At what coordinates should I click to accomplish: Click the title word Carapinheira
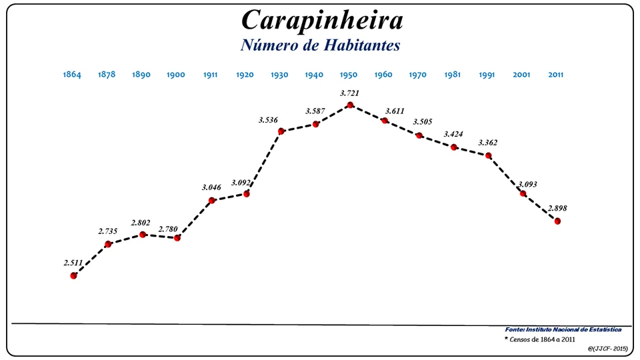(322, 20)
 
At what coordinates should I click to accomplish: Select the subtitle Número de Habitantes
(320, 45)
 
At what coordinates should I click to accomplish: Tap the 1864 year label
(72, 75)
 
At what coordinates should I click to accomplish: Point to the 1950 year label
(349, 75)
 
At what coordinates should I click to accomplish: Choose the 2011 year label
(555, 75)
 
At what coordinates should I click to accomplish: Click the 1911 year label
(210, 75)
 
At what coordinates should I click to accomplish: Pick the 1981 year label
(453, 75)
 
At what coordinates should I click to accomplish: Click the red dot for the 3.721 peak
(350, 105)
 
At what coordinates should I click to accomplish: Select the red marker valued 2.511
(73, 275)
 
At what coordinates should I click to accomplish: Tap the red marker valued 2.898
(557, 221)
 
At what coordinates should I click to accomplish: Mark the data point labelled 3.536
(281, 131)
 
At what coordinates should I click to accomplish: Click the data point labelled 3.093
(523, 193)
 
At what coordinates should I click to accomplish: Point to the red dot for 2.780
(177, 238)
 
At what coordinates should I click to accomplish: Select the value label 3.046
(211, 187)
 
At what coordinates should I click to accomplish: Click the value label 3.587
(315, 111)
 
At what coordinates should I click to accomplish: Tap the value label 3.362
(487, 143)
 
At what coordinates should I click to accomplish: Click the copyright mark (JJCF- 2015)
(608, 349)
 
